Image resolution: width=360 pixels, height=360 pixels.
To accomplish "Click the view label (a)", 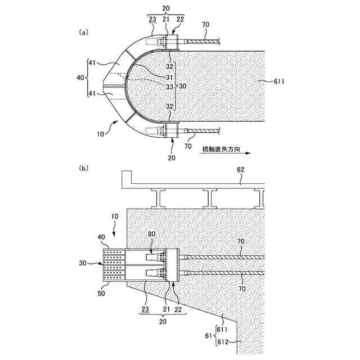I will (x=84, y=33).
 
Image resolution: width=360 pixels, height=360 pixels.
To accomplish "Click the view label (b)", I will (x=84, y=168).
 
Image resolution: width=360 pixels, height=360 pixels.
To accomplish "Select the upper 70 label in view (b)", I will (x=240, y=241).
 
